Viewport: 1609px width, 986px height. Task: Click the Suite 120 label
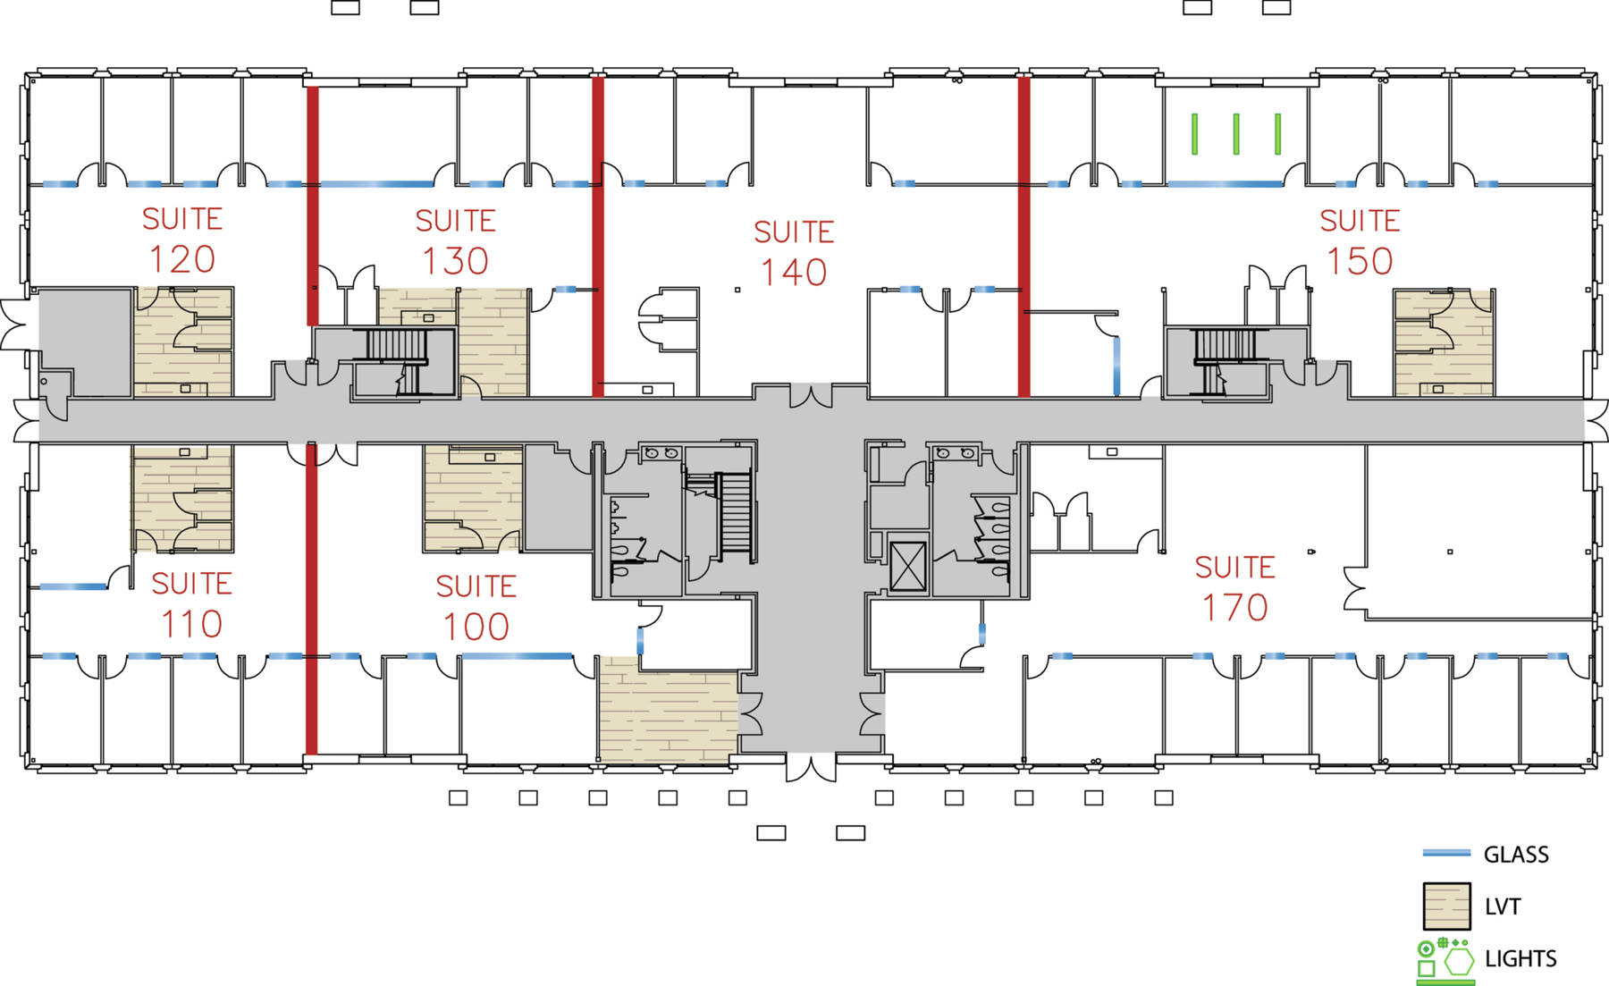pyautogui.click(x=182, y=240)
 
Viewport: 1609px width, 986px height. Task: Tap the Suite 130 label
pyautogui.click(x=455, y=242)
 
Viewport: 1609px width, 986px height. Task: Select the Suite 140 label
pyautogui.click(x=794, y=254)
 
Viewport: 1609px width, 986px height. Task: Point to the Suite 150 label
pyautogui.click(x=1360, y=242)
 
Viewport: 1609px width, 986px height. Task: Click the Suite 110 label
pyautogui.click(x=191, y=605)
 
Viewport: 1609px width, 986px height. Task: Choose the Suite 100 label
pyautogui.click(x=476, y=608)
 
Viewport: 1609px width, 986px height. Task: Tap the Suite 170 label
pyautogui.click(x=1234, y=588)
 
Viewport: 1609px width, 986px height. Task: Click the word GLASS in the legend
pyautogui.click(x=1516, y=855)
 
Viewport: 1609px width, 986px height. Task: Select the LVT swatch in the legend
pyautogui.click(x=1446, y=906)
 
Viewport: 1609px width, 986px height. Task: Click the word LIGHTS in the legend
pyautogui.click(x=1521, y=958)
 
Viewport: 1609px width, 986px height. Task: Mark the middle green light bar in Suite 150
pyautogui.click(x=1236, y=134)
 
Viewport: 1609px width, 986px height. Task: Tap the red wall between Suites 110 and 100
pyautogui.click(x=312, y=598)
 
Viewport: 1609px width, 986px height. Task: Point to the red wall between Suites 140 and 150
pyautogui.click(x=1024, y=236)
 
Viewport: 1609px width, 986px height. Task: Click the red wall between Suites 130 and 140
pyautogui.click(x=598, y=236)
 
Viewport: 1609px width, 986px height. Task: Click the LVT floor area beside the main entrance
pyautogui.click(x=669, y=710)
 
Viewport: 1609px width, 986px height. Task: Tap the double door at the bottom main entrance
pyautogui.click(x=812, y=766)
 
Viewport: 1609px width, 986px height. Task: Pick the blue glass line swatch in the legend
pyautogui.click(x=1446, y=854)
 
